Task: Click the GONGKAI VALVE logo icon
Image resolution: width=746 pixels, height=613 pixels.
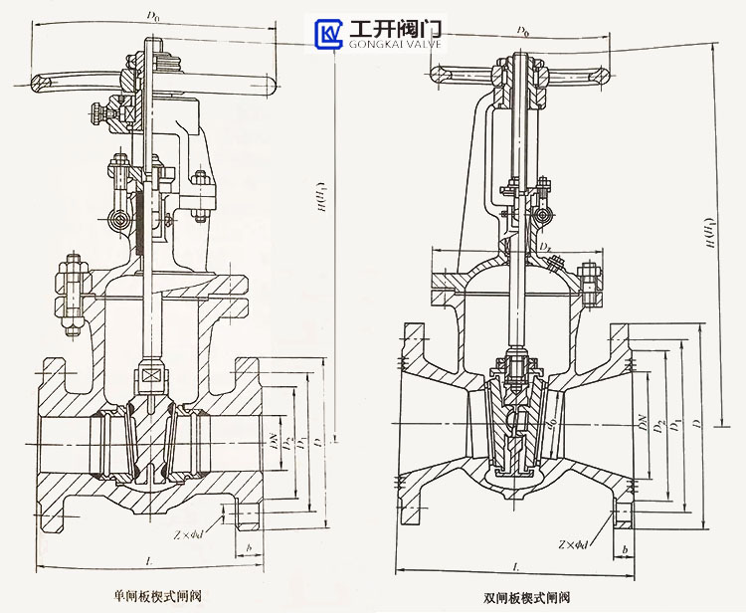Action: coord(328,33)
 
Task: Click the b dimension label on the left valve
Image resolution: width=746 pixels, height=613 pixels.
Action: coord(248,548)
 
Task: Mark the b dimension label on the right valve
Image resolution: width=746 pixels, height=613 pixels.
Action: coord(624,549)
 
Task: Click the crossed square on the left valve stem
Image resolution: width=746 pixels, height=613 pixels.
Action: coord(150,376)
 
